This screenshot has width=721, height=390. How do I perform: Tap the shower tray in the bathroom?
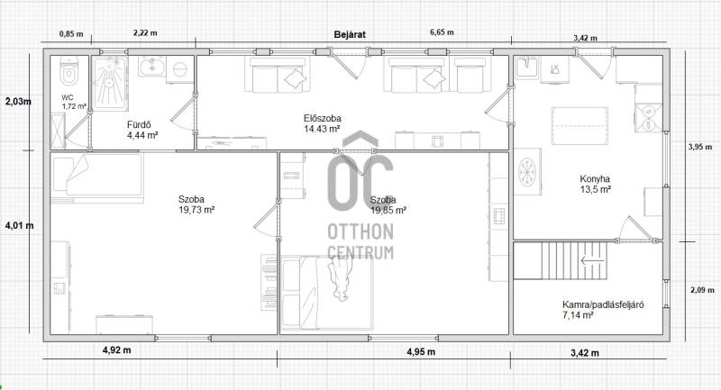[x=110, y=83]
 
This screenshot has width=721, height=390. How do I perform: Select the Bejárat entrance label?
[x=350, y=34]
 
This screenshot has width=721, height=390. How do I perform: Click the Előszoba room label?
[x=323, y=119]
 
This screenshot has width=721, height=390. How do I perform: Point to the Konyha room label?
[x=595, y=179]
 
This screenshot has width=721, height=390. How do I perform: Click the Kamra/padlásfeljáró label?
[x=603, y=304]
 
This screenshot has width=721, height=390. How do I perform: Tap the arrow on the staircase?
[x=592, y=261]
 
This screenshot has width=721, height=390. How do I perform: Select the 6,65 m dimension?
[x=442, y=32]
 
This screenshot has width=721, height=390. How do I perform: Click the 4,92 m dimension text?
[x=117, y=350]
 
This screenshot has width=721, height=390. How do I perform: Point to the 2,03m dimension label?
[x=18, y=102]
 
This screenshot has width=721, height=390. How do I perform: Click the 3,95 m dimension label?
[x=700, y=147]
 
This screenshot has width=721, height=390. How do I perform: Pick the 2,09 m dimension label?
[x=702, y=290]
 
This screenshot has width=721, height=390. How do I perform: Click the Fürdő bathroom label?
[x=139, y=125]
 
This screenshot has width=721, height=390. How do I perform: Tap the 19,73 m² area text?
[x=196, y=210]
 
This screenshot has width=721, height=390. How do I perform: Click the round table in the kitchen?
[x=527, y=172]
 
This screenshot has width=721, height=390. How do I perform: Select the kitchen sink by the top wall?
[x=527, y=68]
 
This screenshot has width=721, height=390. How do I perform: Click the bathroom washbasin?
[x=151, y=67]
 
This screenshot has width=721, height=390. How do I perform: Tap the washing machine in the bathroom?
[x=179, y=70]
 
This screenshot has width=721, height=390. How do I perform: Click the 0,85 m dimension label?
[x=71, y=33]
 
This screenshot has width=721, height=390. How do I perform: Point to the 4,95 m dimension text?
[x=421, y=352]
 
